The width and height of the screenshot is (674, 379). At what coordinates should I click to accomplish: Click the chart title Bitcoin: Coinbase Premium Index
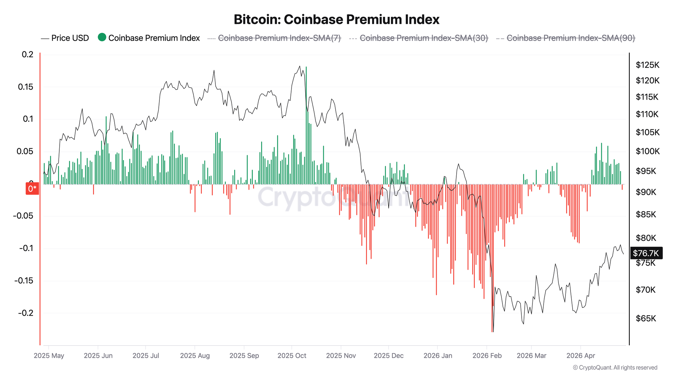[x=336, y=20]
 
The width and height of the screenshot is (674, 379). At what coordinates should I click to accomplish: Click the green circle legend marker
[x=102, y=37]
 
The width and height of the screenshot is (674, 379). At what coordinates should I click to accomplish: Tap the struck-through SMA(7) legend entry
[x=279, y=38]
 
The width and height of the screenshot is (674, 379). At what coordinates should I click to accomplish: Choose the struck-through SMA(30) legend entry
[x=424, y=38]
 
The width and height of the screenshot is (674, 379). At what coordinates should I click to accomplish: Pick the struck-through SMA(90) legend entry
[x=571, y=38]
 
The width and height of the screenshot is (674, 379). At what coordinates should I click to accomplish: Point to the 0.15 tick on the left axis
[x=26, y=87]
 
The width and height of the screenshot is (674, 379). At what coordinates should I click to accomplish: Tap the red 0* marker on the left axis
[x=32, y=189]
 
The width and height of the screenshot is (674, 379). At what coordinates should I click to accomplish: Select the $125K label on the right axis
[x=647, y=65]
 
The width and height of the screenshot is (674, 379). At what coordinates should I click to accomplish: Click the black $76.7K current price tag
[x=646, y=253]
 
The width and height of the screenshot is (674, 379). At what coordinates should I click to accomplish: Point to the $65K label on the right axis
[x=646, y=318]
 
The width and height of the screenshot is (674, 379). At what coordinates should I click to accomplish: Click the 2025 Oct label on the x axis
[x=292, y=356]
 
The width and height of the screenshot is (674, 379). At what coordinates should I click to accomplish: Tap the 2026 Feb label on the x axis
[x=487, y=356]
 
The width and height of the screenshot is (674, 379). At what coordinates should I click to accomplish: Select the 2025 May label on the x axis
[x=49, y=356]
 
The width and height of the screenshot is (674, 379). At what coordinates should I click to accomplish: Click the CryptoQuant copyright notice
[x=615, y=368]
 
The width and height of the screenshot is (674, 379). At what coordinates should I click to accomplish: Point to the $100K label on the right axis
[x=647, y=151]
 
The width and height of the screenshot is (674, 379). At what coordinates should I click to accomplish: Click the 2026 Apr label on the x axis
[x=581, y=356]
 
